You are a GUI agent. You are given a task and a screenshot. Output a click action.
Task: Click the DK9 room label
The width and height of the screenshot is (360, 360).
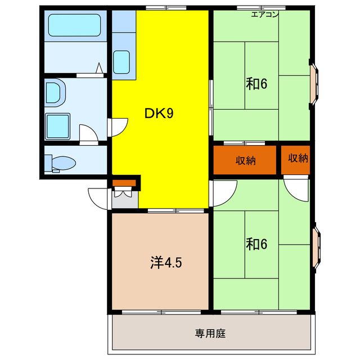[159, 113]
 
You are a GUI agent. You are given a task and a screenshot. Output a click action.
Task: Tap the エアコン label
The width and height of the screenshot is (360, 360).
[264, 15]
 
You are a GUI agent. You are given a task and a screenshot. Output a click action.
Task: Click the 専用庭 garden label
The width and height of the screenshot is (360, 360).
[210, 333]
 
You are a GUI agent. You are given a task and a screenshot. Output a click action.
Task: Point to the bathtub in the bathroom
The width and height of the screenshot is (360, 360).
[74, 26]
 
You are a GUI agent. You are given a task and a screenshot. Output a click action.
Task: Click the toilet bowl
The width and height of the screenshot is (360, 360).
[62, 163]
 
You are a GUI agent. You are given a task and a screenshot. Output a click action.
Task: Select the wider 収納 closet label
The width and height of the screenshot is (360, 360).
[246, 160]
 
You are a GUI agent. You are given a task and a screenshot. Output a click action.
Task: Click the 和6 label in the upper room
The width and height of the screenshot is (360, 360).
[255, 84]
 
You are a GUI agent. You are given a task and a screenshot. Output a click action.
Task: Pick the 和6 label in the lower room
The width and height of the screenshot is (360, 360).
[255, 244]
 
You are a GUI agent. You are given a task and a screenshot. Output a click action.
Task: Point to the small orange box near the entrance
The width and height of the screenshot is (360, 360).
[124, 182]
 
